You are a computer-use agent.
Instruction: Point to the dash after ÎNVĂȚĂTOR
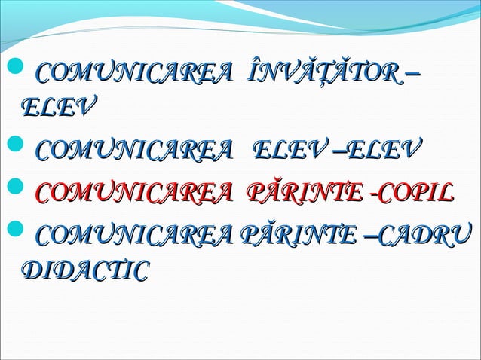point(414,76)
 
